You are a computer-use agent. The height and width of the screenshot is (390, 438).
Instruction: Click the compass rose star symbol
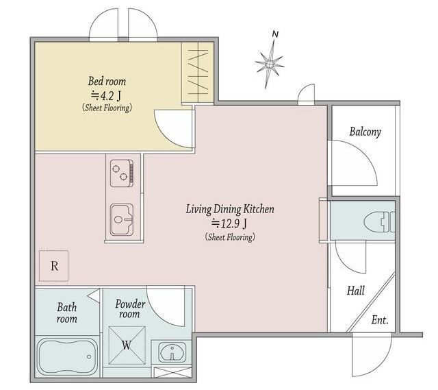pos(269,64)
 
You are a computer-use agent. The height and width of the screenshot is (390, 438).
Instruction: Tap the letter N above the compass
pos(275,34)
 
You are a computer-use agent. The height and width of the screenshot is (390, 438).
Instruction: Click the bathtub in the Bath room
pos(67,356)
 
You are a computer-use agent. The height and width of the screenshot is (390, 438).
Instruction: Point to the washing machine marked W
pos(127,345)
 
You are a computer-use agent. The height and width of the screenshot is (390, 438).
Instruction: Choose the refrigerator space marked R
pos(53,266)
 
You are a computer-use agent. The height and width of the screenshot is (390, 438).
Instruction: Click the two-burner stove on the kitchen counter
pos(122,173)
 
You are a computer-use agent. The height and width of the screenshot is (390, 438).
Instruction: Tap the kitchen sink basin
pos(122,220)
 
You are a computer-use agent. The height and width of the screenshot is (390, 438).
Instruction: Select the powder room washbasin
pos(172,352)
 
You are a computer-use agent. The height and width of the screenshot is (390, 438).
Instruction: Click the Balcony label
pos(365,132)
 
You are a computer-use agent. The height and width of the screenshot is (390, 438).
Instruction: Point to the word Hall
pos(356,291)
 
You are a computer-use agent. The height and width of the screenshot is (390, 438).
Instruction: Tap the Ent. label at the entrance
pos(380,320)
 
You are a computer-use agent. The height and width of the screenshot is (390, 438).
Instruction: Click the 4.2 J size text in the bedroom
pos(106,96)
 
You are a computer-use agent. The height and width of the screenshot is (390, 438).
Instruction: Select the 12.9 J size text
pos(229,223)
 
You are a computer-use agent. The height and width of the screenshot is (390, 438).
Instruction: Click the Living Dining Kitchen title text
pos(230,209)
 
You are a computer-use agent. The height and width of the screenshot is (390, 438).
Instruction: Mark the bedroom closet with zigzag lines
pos(198,73)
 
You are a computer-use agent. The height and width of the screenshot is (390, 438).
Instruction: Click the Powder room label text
pos(130,309)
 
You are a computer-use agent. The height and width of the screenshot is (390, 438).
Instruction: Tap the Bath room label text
pos(67,313)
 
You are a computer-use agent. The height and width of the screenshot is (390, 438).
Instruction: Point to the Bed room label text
pos(107,81)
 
